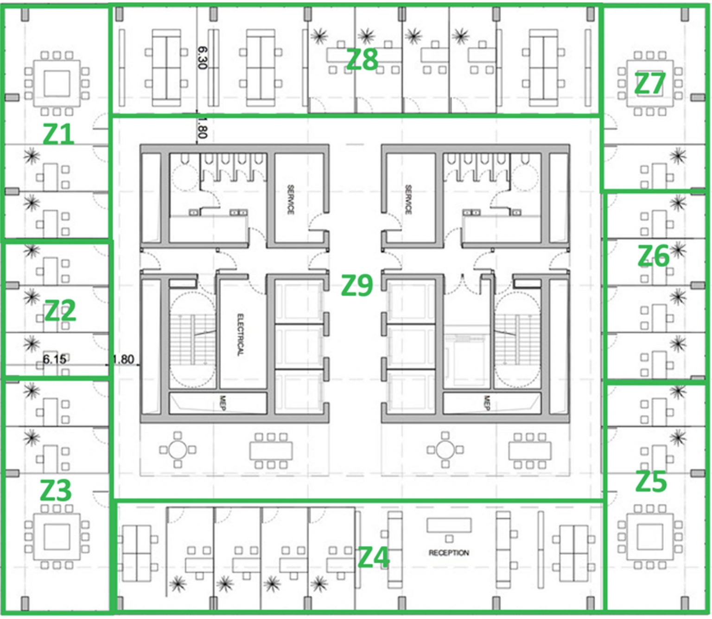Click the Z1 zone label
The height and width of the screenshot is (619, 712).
58,134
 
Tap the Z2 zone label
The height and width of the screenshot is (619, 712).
60,310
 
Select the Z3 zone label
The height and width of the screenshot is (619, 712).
56,490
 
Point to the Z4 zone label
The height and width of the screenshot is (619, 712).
374,557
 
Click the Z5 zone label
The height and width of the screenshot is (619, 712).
651,482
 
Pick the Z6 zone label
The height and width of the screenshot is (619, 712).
653,256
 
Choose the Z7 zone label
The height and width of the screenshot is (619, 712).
649,84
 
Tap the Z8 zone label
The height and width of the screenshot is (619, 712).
362,60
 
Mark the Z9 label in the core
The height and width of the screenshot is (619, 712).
356,285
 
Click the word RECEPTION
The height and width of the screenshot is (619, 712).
448,553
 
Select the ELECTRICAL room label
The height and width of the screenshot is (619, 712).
240,335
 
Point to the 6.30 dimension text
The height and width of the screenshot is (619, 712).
202,57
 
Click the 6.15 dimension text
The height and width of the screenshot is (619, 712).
54,359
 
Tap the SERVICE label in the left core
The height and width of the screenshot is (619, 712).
291,199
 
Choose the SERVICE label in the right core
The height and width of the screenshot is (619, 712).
408,199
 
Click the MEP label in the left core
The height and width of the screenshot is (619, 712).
222,402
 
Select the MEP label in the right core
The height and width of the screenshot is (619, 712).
487,402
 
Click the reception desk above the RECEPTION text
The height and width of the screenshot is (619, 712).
449,525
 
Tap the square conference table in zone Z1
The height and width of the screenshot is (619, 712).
57,83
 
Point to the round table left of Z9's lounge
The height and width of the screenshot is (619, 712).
178,449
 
